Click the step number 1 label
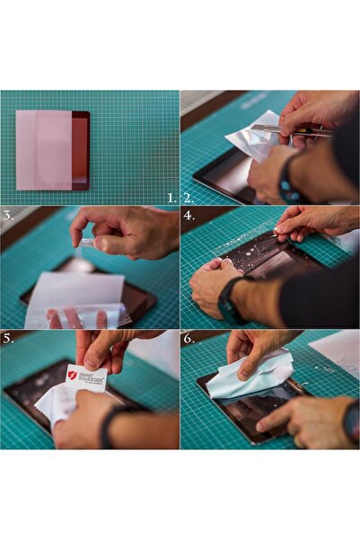pos(171,198)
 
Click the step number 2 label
pos(189,198)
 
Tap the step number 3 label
pos(8,216)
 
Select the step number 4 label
pos(189,216)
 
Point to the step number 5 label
pos(8,339)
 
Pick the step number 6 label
pos(189,339)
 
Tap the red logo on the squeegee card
pos(73,376)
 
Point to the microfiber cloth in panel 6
pos(249,376)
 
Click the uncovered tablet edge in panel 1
pos(81,150)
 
